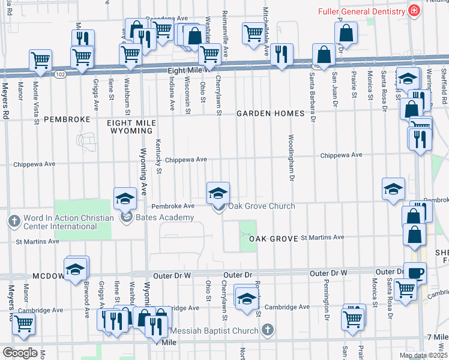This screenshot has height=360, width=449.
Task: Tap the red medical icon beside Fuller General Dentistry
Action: click(413, 11)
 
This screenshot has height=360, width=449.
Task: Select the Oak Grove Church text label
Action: click(261, 206)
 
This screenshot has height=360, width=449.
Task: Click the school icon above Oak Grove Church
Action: click(218, 192)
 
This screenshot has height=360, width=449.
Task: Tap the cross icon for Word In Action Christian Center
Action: click(14, 221)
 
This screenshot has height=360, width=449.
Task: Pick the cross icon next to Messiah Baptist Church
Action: click(268, 331)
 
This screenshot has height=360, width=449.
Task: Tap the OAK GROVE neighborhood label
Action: click(274, 239)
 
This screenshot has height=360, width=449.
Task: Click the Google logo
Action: click(20, 353)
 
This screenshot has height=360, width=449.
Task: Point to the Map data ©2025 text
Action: click(423, 355)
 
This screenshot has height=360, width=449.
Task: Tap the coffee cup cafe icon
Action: click(414, 272)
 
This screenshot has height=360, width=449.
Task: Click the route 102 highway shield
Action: click(59, 74)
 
